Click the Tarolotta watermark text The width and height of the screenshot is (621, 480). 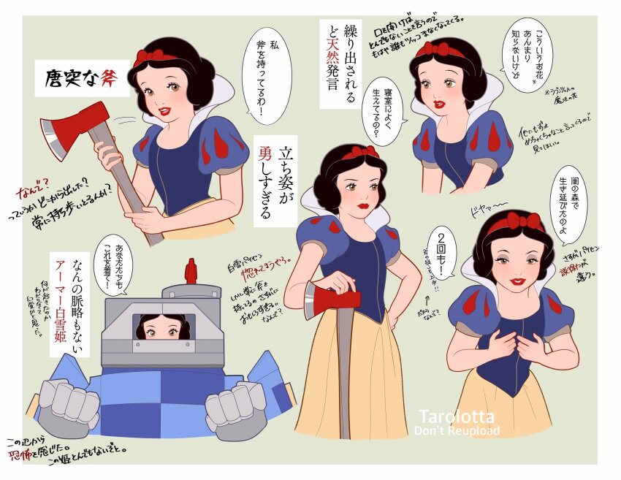click(459, 416)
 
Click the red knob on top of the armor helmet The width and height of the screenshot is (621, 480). click(192, 272)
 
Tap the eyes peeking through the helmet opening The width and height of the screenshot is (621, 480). click(162, 332)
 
